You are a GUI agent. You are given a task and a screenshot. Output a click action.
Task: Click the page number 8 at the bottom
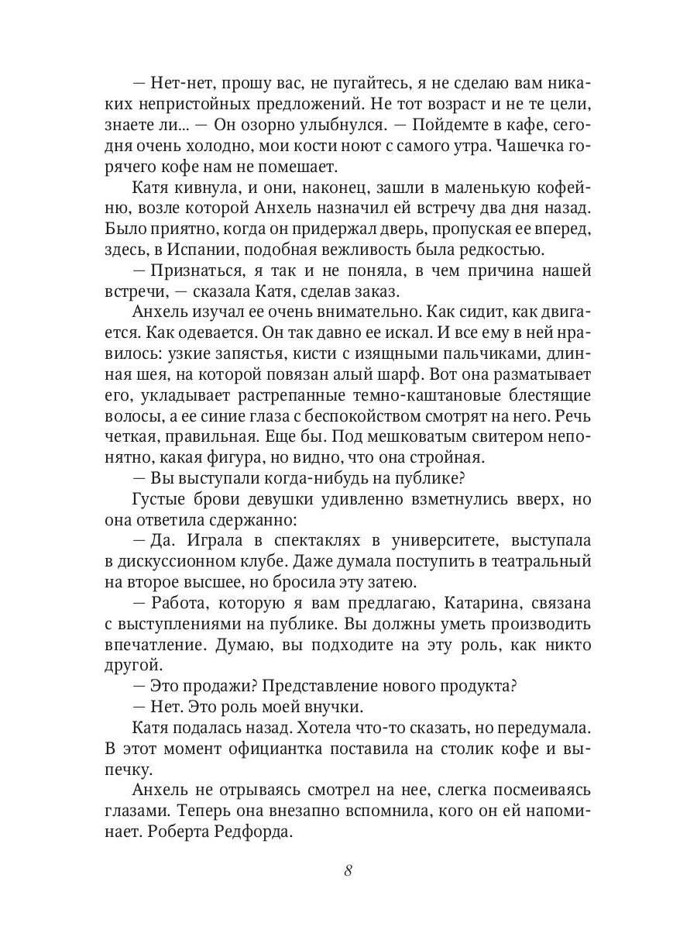click(x=348, y=870)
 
